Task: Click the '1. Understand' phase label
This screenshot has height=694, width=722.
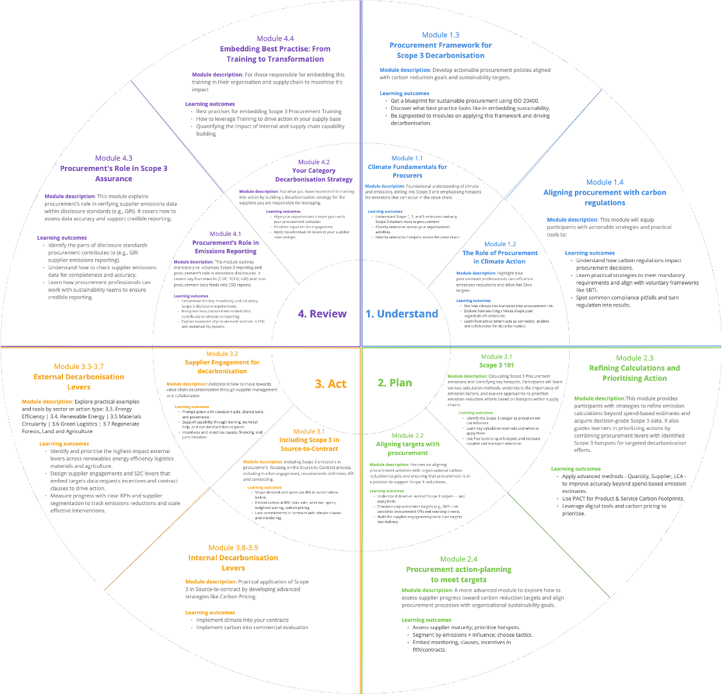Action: click(401, 314)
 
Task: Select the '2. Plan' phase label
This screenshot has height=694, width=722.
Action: click(394, 383)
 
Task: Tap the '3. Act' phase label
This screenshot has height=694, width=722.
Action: click(330, 384)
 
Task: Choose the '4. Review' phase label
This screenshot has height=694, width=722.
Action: click(322, 314)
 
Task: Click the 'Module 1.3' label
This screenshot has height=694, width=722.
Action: click(440, 35)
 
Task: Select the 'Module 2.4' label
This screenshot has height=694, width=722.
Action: click(459, 559)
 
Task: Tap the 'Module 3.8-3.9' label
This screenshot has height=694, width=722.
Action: click(233, 547)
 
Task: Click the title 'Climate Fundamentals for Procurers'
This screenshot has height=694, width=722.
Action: click(407, 171)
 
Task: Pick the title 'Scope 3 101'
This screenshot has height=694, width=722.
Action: click(497, 365)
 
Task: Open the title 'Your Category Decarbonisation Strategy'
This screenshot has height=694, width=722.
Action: click(314, 175)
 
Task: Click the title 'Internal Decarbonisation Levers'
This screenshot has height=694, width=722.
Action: click(233, 563)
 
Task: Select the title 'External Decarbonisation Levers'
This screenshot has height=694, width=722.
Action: click(79, 382)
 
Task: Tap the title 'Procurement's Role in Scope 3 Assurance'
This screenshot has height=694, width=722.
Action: click(114, 173)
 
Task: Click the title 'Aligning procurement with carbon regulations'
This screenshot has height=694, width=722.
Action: click(604, 197)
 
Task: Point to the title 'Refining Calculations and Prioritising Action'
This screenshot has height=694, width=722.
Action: click(634, 373)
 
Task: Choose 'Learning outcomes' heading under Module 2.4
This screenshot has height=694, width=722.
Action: click(426, 619)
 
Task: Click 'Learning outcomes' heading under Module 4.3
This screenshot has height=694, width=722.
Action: click(71, 238)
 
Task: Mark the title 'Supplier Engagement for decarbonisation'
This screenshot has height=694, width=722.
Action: click(222, 366)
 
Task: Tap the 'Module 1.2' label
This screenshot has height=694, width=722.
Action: click(500, 244)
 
